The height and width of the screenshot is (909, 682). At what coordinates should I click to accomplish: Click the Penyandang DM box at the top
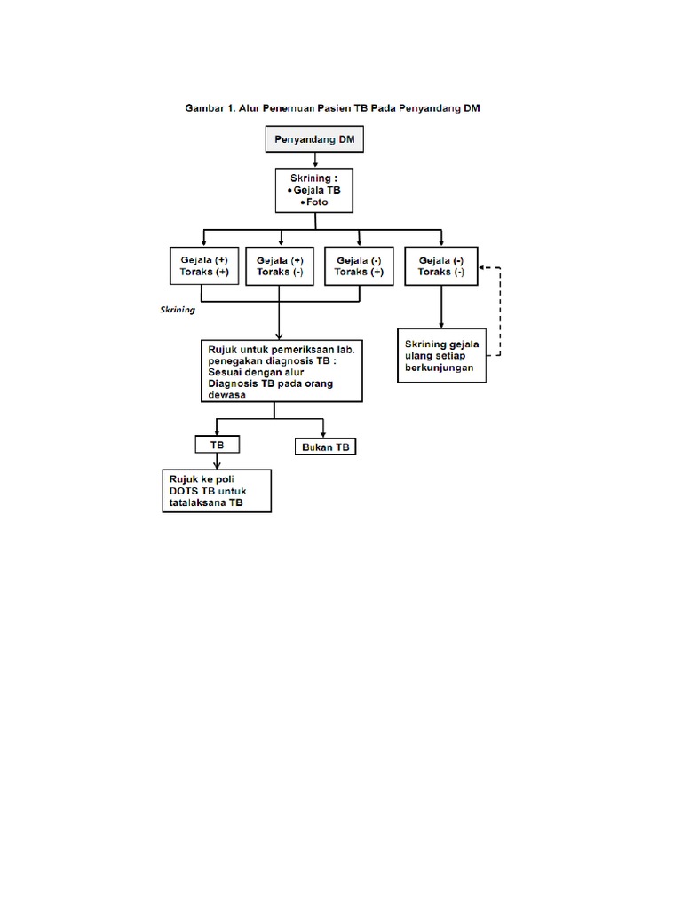[315, 139]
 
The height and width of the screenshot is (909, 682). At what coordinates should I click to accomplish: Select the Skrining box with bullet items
[315, 190]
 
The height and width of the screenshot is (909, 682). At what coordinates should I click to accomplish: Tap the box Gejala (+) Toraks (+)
[204, 266]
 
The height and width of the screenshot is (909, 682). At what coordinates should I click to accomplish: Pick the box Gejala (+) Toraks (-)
[280, 266]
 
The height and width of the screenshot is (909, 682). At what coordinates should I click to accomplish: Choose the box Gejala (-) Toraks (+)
[359, 266]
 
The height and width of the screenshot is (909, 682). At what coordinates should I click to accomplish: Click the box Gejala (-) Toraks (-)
[440, 266]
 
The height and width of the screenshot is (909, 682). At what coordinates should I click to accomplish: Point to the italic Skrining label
[177, 312]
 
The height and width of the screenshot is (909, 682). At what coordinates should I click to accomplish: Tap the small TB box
[217, 444]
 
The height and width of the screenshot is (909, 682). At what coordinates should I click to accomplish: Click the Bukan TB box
[325, 447]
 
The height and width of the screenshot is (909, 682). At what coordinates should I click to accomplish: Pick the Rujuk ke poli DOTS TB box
[216, 491]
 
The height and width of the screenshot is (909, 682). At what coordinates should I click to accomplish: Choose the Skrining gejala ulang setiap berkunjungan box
[441, 355]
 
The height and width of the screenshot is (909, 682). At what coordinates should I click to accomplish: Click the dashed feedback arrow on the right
[500, 311]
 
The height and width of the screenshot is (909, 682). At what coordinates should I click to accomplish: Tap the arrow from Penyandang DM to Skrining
[315, 160]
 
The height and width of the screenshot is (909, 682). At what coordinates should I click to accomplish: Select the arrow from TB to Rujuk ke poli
[217, 461]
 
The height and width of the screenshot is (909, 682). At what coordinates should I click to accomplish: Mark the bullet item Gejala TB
[316, 190]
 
